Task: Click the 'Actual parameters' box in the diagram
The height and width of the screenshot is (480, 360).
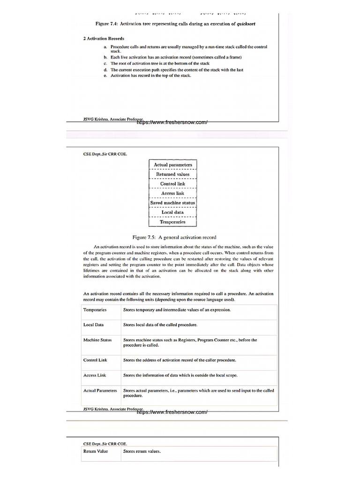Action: (x=173, y=165)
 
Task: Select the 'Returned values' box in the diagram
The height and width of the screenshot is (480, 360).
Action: (x=173, y=174)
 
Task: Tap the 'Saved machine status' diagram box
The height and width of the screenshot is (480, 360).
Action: (x=173, y=202)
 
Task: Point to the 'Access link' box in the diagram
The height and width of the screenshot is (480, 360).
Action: (x=173, y=193)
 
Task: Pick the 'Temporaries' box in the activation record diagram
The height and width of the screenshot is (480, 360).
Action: (x=173, y=222)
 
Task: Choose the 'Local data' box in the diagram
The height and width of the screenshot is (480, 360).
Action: (x=173, y=212)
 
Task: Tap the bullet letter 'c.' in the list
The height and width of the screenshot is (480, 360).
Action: (x=105, y=63)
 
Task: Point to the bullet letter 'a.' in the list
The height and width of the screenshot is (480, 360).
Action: (x=105, y=47)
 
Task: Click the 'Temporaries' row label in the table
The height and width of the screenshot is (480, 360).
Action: (x=95, y=310)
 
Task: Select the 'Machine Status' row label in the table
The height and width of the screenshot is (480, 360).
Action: (x=97, y=340)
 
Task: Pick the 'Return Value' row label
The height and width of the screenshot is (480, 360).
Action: (x=96, y=451)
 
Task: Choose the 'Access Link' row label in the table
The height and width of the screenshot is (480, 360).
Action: (x=95, y=375)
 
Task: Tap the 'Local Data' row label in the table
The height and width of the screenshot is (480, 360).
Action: (x=93, y=324)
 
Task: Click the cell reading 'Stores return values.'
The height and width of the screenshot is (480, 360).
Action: (x=142, y=451)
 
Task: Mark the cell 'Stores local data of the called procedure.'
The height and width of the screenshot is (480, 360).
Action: (x=160, y=324)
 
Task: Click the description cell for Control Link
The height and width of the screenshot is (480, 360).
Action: (x=180, y=360)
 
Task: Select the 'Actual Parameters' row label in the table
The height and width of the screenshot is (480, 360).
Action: (x=100, y=390)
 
